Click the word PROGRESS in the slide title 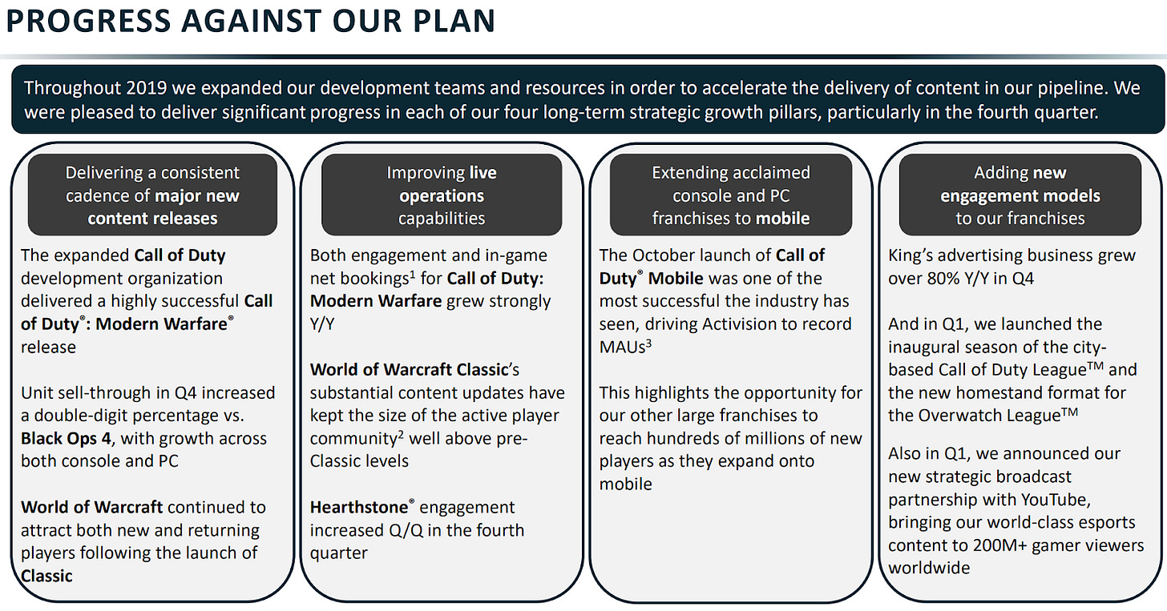(88, 21)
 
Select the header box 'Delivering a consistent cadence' (152, 195)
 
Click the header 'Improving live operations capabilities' (442, 195)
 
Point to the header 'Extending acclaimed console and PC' (731, 195)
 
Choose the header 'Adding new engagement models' (1020, 195)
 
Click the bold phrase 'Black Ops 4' (67, 439)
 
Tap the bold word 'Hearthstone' (359, 507)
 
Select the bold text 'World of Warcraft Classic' (409, 369)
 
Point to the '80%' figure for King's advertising (943, 279)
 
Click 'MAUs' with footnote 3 (625, 347)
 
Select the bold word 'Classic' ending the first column (46, 576)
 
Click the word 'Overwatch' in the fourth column (961, 416)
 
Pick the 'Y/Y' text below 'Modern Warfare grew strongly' (322, 324)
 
